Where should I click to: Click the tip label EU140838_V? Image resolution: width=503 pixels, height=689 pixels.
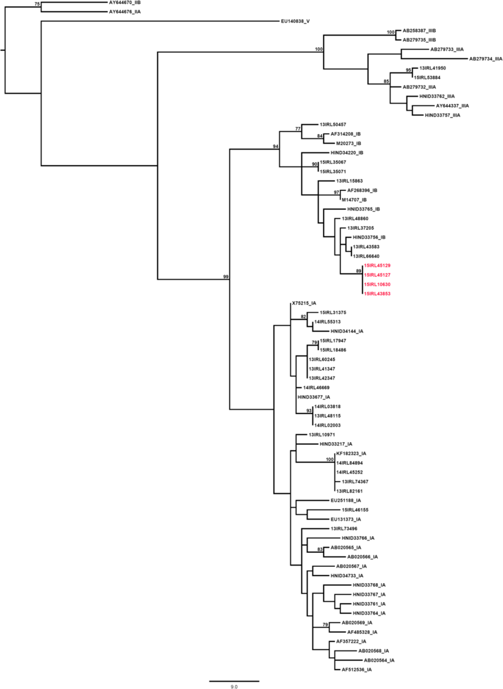click(295, 21)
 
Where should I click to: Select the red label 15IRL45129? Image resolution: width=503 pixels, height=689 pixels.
click(377, 266)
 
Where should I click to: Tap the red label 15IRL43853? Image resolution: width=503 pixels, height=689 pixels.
click(377, 294)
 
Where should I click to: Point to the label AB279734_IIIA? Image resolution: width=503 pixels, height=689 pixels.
click(486, 59)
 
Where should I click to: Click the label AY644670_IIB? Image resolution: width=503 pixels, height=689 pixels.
click(125, 3)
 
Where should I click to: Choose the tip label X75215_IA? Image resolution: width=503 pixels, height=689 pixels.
click(304, 303)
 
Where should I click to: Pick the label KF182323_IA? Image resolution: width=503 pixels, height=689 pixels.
click(351, 454)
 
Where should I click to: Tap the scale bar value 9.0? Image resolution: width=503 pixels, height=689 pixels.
click(234, 686)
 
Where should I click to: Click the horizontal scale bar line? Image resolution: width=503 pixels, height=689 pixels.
click(234, 681)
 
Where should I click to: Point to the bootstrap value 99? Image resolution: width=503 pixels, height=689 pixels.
click(226, 277)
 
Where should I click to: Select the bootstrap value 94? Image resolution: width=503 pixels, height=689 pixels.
click(276, 146)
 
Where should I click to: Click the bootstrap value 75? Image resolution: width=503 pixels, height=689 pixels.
click(37, 4)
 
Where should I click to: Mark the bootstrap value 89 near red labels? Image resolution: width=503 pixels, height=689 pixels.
click(359, 271)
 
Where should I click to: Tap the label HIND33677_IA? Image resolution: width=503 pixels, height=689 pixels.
click(314, 397)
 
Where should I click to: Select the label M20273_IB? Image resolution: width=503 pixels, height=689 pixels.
click(349, 144)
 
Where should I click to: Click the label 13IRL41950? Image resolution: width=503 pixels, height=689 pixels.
click(432, 68)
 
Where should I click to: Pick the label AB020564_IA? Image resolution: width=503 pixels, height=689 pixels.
click(379, 660)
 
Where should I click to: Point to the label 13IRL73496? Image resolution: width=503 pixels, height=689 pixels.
click(344, 529)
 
